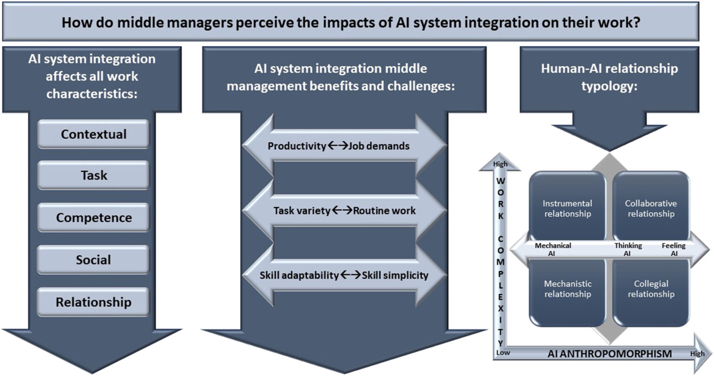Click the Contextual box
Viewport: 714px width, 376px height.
click(x=93, y=134)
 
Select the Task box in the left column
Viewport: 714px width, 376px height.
click(x=93, y=175)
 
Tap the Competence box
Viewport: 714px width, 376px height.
click(x=93, y=218)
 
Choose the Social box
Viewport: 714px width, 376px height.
click(x=93, y=260)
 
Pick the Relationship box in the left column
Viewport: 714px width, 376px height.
click(x=93, y=302)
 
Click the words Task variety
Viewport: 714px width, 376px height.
click(x=302, y=210)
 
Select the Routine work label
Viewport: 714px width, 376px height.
click(x=384, y=210)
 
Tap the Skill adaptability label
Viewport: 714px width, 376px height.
click(x=299, y=275)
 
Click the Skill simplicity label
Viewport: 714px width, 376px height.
click(x=395, y=275)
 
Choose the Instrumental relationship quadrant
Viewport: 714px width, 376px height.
click(x=568, y=208)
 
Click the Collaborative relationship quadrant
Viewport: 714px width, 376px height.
click(x=650, y=208)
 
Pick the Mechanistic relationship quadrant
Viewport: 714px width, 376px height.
click(x=568, y=289)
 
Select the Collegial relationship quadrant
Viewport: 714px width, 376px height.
click(x=650, y=289)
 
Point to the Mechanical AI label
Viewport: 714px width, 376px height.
click(x=553, y=249)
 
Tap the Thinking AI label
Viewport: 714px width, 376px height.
click(x=628, y=249)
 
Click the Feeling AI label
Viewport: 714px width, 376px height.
click(x=674, y=249)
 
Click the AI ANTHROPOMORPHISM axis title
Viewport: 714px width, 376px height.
click(x=609, y=354)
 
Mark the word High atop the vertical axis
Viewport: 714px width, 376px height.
click(x=500, y=164)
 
